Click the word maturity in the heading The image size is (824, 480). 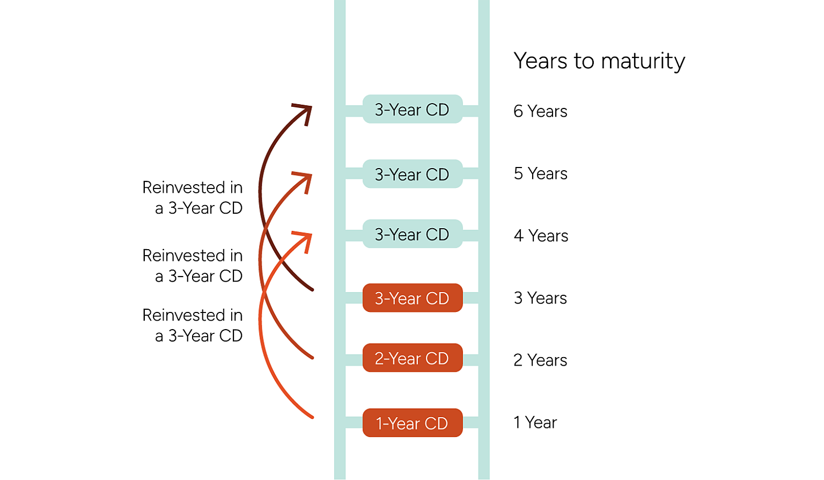[x=643, y=61]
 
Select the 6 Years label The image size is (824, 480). [x=540, y=111]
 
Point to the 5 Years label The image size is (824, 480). [x=540, y=173]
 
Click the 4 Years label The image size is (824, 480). [x=541, y=236]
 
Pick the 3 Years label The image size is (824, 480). [x=540, y=298]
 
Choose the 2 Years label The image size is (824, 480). [x=540, y=360]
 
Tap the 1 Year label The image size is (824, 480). [x=535, y=423]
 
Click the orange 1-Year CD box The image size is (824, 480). [x=412, y=423]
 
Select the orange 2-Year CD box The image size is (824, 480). [x=412, y=358]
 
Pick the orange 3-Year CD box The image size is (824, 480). [x=412, y=298]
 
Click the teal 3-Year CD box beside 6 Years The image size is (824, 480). [x=412, y=110]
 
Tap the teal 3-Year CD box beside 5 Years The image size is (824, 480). [x=412, y=174]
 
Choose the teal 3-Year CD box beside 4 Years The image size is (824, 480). [x=412, y=234]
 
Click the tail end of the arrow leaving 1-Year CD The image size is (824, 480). [x=312, y=417]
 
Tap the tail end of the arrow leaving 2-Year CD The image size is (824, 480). [x=312, y=357]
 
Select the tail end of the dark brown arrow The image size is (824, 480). [x=312, y=290]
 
